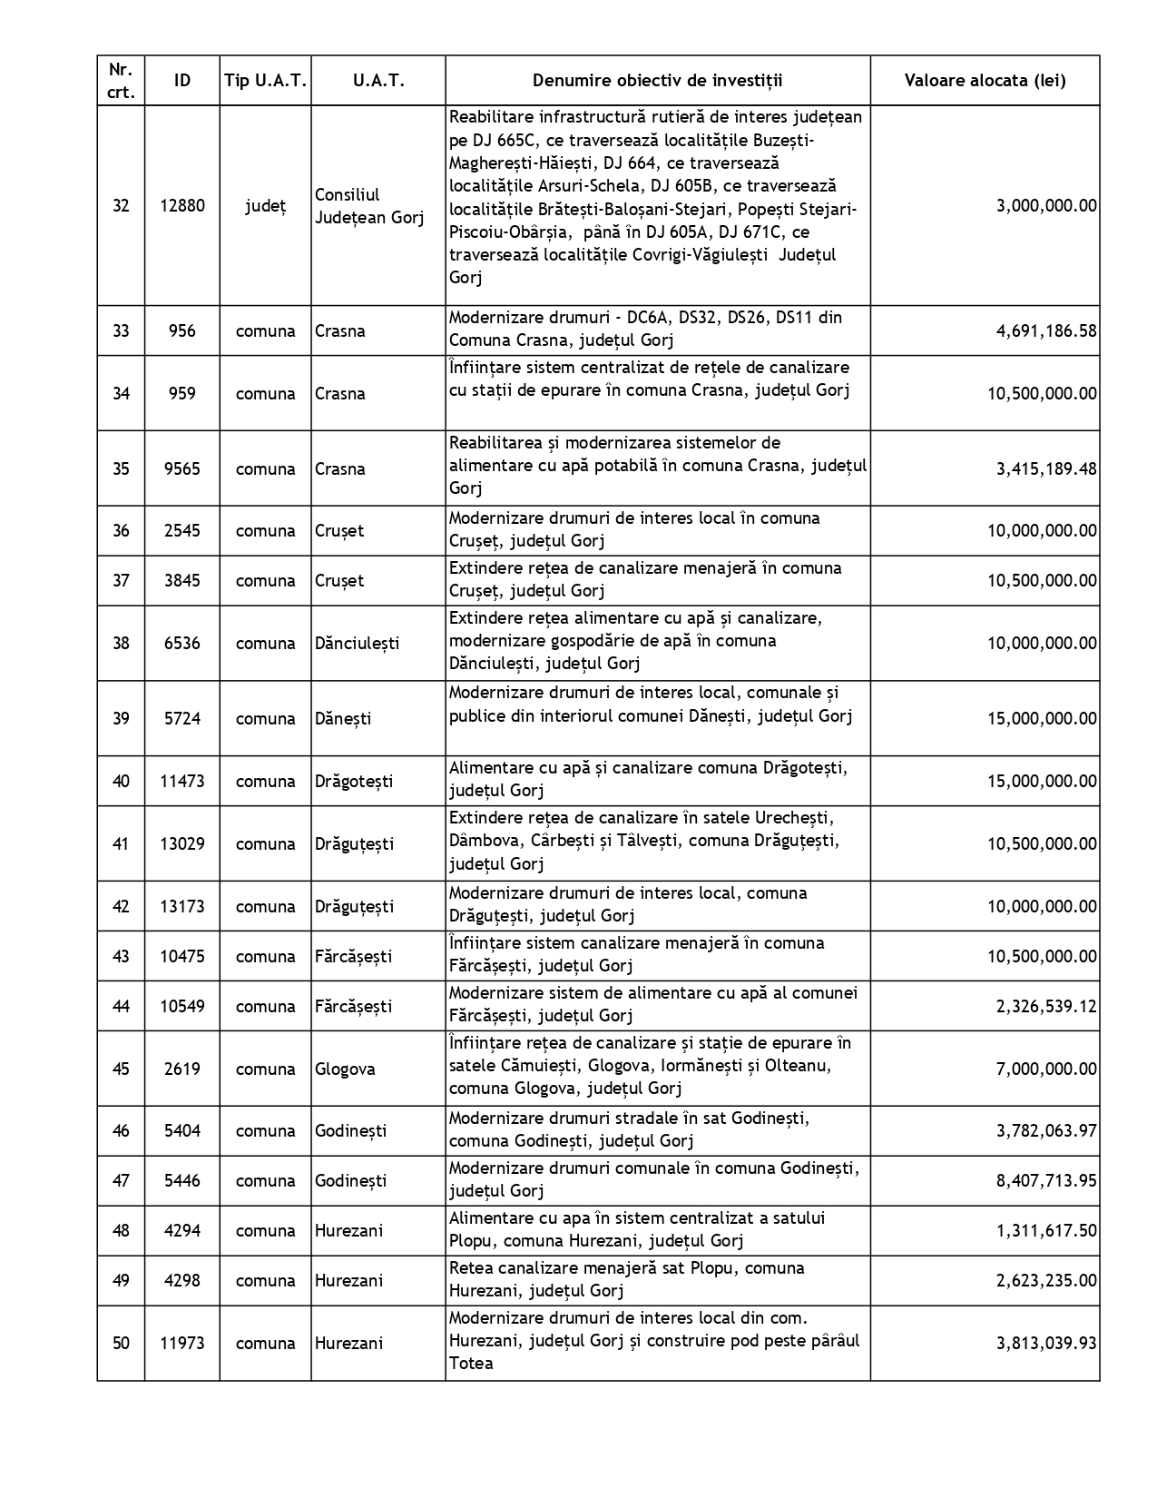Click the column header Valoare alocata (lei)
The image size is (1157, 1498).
pos(985,81)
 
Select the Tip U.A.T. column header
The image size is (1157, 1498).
pos(265,81)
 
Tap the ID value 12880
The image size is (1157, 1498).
pos(182,206)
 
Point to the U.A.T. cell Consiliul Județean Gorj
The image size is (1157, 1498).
pos(368,206)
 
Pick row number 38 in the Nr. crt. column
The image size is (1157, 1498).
pos(121,644)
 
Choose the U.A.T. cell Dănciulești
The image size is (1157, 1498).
pos(357,644)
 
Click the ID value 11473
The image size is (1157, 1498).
pos(182,782)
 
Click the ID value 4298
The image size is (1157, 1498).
pos(182,1281)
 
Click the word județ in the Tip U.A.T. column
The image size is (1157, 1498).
pos(265,206)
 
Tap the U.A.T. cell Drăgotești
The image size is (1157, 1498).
pos(354,782)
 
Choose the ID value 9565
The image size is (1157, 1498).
pos(182,469)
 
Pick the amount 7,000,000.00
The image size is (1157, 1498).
pos(1046,1069)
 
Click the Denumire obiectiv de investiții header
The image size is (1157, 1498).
pos(657,81)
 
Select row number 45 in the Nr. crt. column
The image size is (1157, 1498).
pos(121,1069)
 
